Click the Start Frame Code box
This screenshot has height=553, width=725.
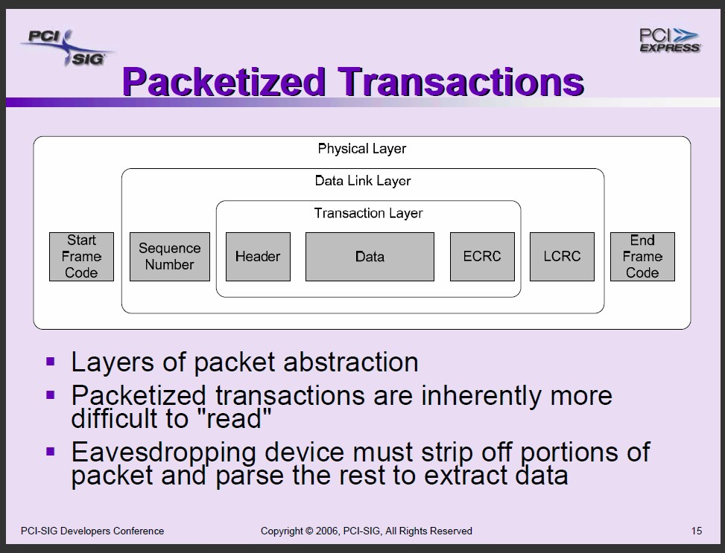click(x=81, y=256)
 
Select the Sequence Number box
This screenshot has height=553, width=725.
click(x=170, y=256)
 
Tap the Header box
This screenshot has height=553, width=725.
click(x=258, y=256)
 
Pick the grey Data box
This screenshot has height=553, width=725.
click(x=370, y=256)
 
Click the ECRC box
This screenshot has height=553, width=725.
click(x=482, y=256)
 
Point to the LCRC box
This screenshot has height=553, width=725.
click(x=562, y=256)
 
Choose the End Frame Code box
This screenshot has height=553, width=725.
click(x=643, y=256)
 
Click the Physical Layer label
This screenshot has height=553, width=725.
click(x=362, y=149)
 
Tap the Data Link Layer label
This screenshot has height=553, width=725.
click(x=363, y=181)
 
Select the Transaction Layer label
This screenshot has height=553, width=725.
click(x=369, y=213)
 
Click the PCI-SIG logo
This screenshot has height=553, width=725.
click(x=68, y=48)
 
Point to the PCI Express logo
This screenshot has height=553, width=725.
click(x=670, y=40)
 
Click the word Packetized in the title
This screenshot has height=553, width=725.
click(x=224, y=82)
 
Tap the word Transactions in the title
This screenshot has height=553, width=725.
click(x=461, y=82)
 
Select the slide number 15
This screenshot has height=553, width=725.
click(x=697, y=531)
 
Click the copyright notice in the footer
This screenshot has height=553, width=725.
click(x=366, y=531)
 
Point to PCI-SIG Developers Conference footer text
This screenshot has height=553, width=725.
click(x=92, y=531)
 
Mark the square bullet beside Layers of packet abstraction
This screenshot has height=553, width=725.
click(x=51, y=361)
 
